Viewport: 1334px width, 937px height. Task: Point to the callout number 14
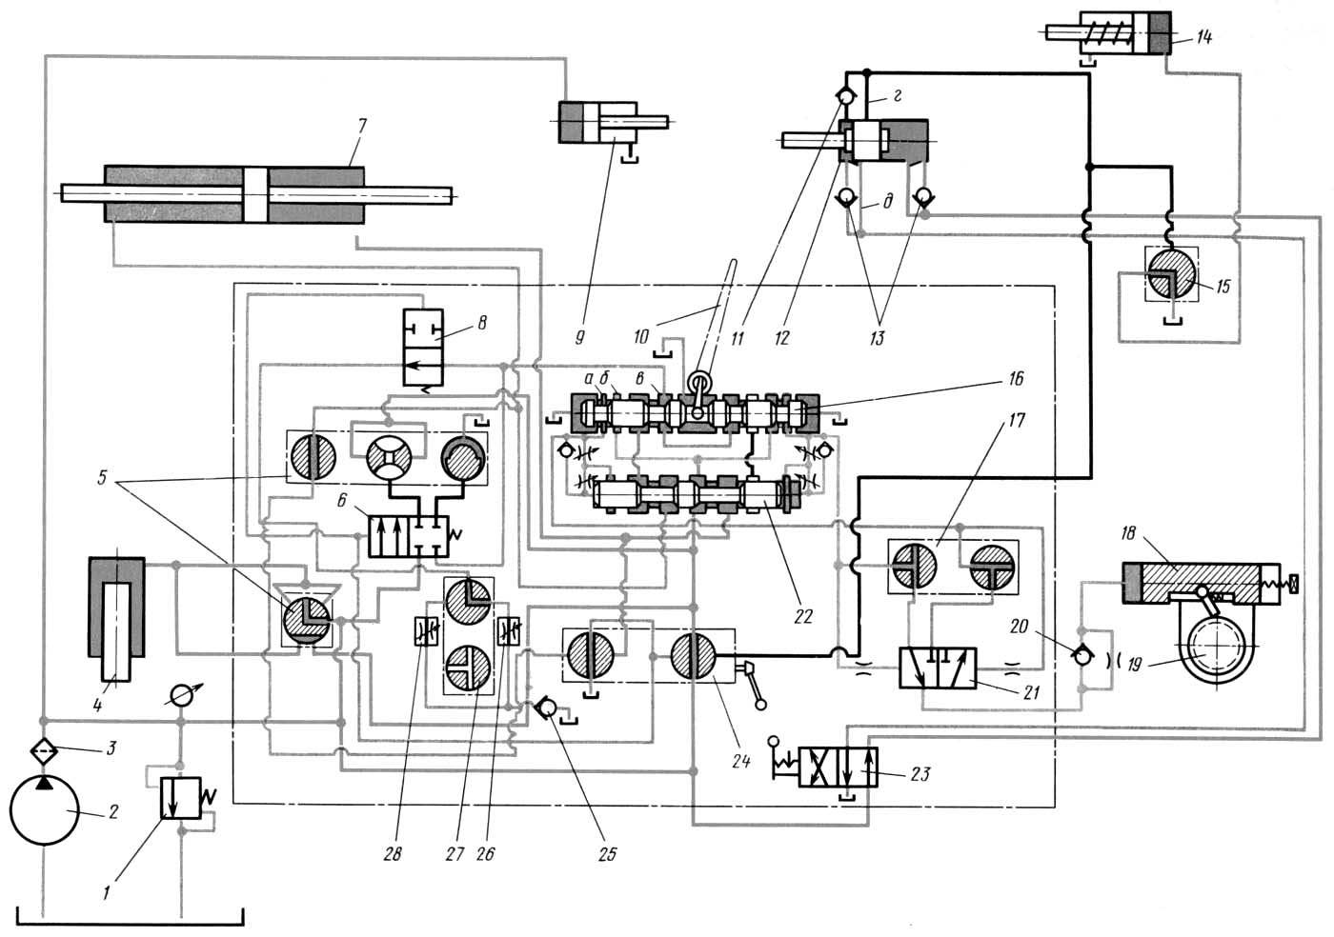coord(1203,38)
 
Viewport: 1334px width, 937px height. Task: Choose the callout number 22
coord(802,616)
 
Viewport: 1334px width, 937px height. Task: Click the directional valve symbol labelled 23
coord(839,767)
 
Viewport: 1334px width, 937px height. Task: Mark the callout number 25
coord(607,854)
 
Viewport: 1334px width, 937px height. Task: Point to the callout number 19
coord(1134,666)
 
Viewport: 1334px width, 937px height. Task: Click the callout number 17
coord(1016,419)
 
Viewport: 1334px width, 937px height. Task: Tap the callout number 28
coord(393,854)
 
